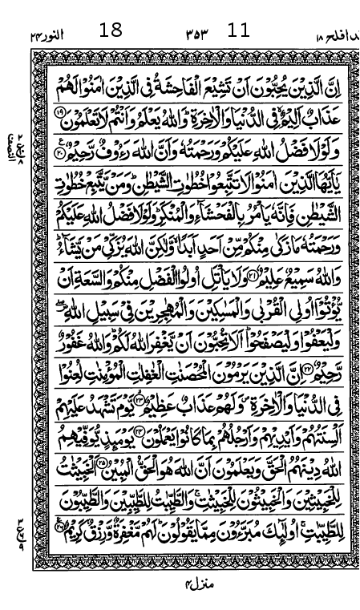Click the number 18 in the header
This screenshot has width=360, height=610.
tap(111, 30)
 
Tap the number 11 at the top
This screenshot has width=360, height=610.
tap(239, 30)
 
